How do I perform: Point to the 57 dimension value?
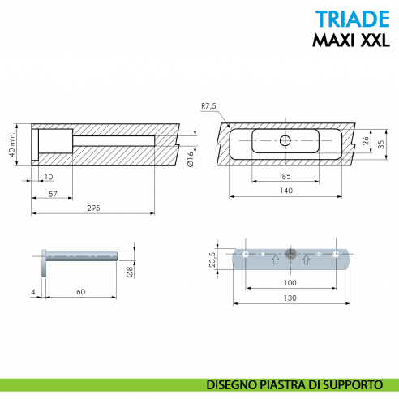53,195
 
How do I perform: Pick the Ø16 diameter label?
189,160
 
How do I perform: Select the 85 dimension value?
287,176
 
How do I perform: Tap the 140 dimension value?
287,191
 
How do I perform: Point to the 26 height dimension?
366,140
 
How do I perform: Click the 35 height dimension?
381,141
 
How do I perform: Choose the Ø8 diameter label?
130,272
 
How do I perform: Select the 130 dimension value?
290,298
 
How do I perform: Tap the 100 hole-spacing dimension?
290,284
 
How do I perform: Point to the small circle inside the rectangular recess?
284,141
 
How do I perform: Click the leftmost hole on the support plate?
245,256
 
